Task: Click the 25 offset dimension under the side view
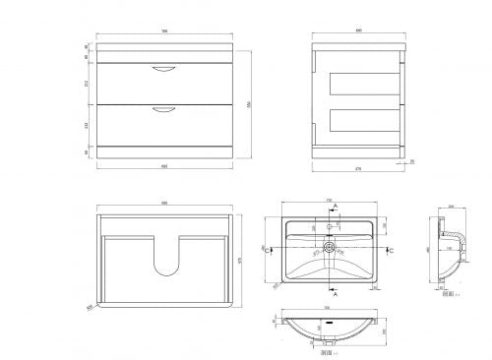click(x=412, y=161)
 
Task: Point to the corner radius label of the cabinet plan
click(x=90, y=306)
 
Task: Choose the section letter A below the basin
click(x=337, y=293)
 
